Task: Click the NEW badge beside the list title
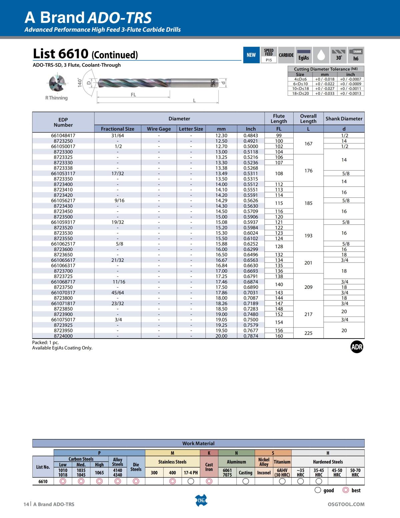(x=251, y=55)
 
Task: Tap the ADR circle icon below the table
(x=357, y=347)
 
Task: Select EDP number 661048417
(x=63, y=136)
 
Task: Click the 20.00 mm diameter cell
(x=221, y=336)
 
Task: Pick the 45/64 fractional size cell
(x=118, y=293)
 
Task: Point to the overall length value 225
(x=308, y=333)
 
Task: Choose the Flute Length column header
(x=279, y=119)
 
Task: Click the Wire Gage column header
(x=159, y=129)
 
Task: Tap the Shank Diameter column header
(x=344, y=119)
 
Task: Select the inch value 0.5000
(x=251, y=146)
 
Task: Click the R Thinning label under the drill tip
(x=56, y=98)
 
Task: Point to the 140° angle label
(x=80, y=83)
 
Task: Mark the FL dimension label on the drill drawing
(x=133, y=95)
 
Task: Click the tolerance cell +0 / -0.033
(x=325, y=93)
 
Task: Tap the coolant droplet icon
(x=321, y=55)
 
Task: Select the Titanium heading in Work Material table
(x=282, y=462)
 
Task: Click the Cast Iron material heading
(x=209, y=467)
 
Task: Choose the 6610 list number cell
(x=43, y=481)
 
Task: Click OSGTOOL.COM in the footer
(x=346, y=504)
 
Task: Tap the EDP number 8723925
(x=63, y=325)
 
